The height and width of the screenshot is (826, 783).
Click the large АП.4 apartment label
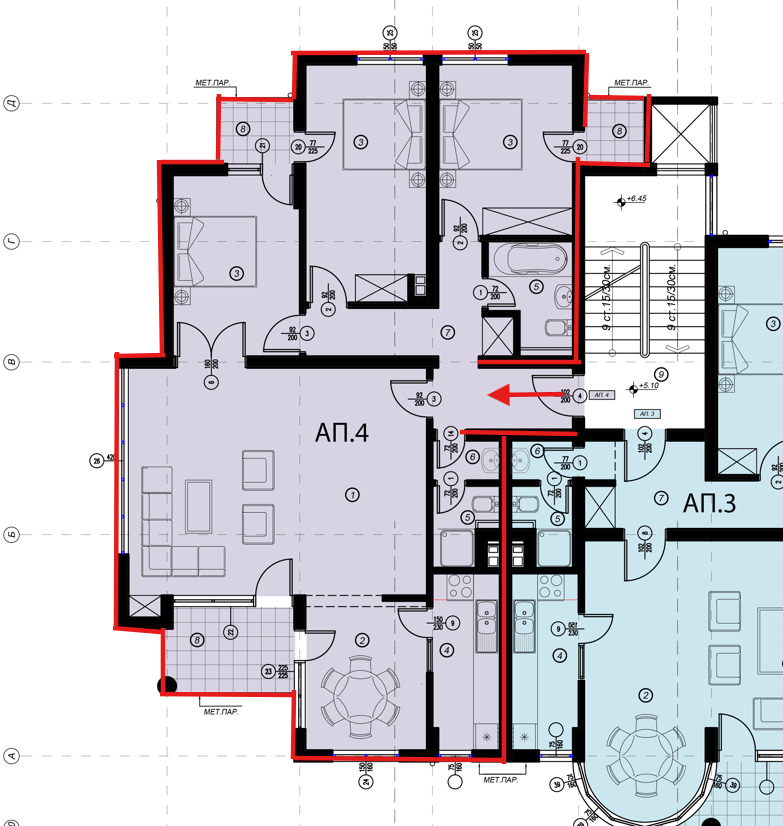[341, 434]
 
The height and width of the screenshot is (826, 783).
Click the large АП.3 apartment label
[710, 504]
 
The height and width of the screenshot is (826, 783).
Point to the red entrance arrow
[525, 397]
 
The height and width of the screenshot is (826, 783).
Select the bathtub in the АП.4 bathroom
[525, 260]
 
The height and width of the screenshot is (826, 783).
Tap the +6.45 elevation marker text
[635, 199]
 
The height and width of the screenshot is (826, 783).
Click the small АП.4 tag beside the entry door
[601, 396]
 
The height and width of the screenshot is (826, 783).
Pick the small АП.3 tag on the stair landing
[645, 413]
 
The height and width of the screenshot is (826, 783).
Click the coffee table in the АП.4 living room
[198, 499]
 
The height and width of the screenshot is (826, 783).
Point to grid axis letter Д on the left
[11, 102]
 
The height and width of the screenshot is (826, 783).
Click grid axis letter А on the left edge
[11, 756]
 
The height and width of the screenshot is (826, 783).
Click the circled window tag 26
[96, 461]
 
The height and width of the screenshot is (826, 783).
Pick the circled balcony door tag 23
[268, 672]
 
